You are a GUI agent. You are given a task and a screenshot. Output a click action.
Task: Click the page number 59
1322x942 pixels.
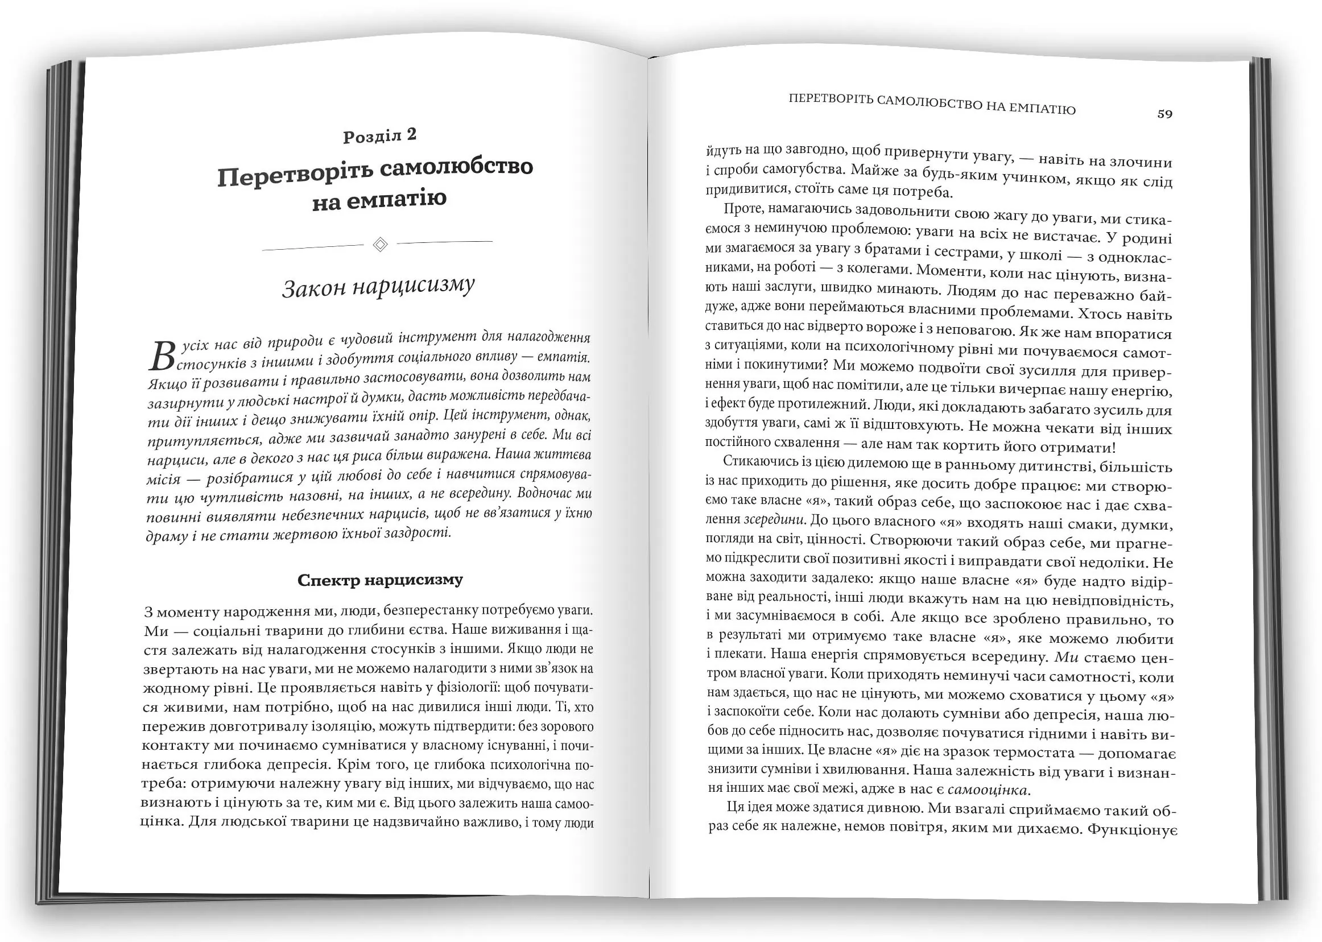[x=1164, y=114]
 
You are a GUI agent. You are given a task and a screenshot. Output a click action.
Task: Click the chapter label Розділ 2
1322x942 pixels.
[x=380, y=136]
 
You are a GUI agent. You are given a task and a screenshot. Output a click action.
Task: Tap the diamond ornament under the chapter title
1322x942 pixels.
[x=380, y=244]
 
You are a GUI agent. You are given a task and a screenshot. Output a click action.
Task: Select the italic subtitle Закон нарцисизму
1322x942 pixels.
[x=378, y=287]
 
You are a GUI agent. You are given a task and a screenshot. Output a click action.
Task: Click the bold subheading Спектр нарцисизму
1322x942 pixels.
[x=380, y=580]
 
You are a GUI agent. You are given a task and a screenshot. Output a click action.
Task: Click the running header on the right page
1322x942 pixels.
[x=932, y=105]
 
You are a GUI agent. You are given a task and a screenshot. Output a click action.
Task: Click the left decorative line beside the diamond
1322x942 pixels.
[x=313, y=247]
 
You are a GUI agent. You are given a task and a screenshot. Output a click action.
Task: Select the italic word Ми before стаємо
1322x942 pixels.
[x=1065, y=657]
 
